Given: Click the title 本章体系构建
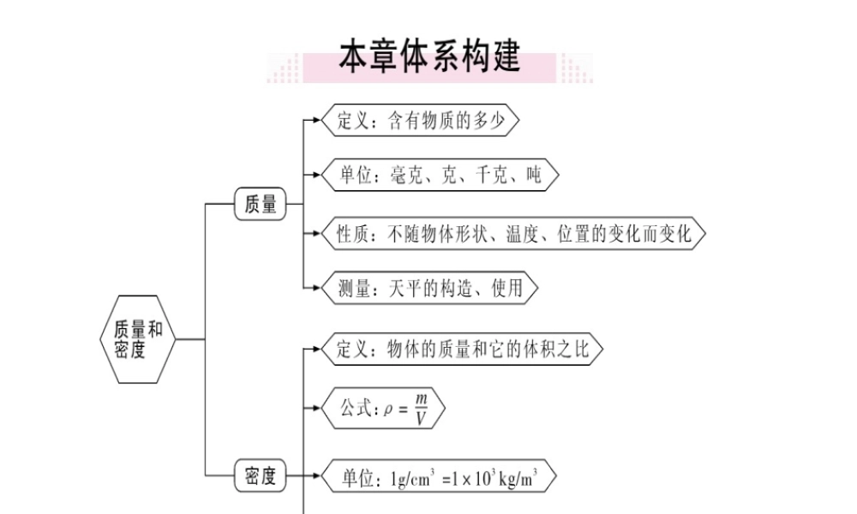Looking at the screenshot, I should tap(429, 57).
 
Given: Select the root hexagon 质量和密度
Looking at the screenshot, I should tap(138, 339).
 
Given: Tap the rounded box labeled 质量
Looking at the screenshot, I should tap(261, 205).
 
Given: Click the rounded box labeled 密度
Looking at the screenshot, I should tap(261, 476).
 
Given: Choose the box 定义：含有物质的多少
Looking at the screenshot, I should tap(420, 121).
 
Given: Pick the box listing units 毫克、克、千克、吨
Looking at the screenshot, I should tap(440, 176).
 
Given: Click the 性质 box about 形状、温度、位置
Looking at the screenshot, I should tap(513, 233).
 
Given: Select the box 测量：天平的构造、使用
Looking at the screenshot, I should tap(429, 288).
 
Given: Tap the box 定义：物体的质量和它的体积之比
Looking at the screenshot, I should tap(461, 350).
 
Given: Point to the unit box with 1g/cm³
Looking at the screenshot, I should tap(438, 476).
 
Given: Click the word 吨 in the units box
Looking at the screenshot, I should tap(533, 176).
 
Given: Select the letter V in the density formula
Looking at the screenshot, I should tap(421, 418).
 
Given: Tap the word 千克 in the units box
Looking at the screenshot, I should tap(491, 176).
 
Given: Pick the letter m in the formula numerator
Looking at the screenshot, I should tap(421, 398).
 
